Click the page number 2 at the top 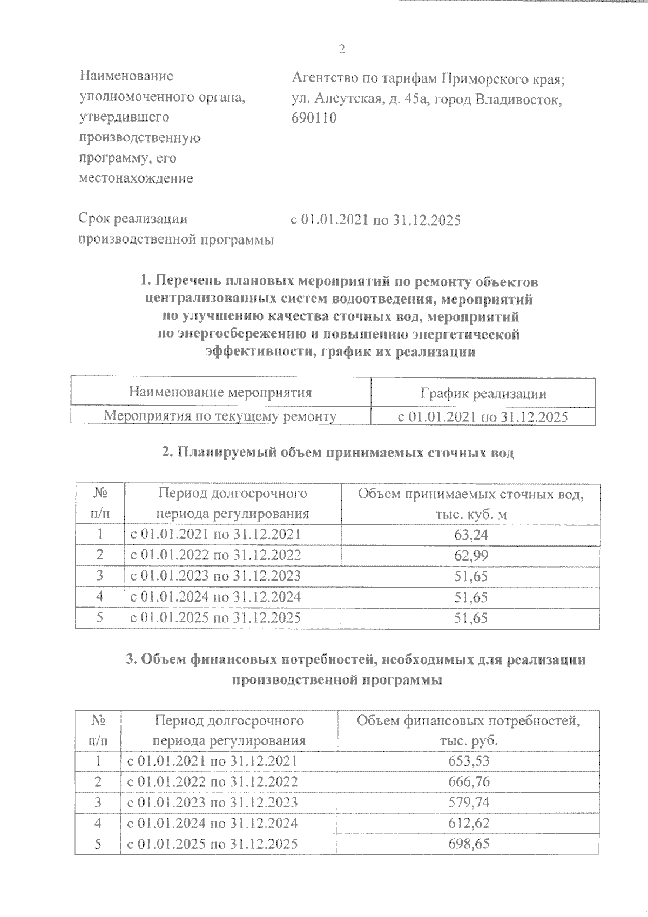pyautogui.click(x=341, y=50)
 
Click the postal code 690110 pyautogui.click(x=314, y=118)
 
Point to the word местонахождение pyautogui.click(x=136, y=178)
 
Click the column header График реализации pyautogui.click(x=483, y=393)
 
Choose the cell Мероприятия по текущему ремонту pyautogui.click(x=220, y=416)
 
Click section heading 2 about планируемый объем pyautogui.click(x=338, y=453)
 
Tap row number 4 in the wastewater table pyautogui.click(x=100, y=597)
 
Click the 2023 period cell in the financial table pyautogui.click(x=212, y=803)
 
